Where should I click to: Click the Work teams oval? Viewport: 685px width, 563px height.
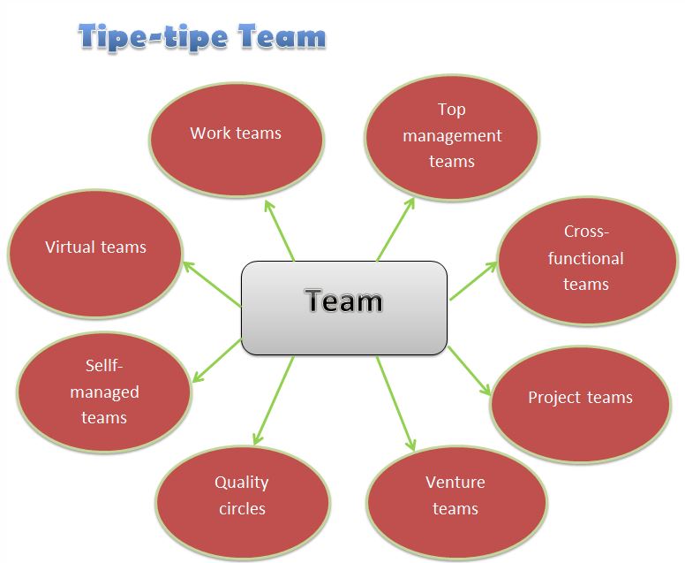tap(236, 134)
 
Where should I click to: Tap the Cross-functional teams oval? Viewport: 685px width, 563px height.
tap(585, 258)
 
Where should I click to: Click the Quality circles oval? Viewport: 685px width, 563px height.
tap(242, 496)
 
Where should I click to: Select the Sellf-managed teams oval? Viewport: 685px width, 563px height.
tap(104, 392)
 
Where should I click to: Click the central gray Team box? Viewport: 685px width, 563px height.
tap(343, 308)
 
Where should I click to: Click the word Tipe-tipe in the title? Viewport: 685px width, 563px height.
tap(155, 38)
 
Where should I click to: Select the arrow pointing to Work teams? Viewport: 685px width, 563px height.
tap(280, 231)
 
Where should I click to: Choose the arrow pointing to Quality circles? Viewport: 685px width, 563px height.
tap(274, 399)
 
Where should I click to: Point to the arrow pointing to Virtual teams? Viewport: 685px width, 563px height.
tap(212, 283)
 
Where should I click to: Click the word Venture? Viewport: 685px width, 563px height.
tap(455, 483)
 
